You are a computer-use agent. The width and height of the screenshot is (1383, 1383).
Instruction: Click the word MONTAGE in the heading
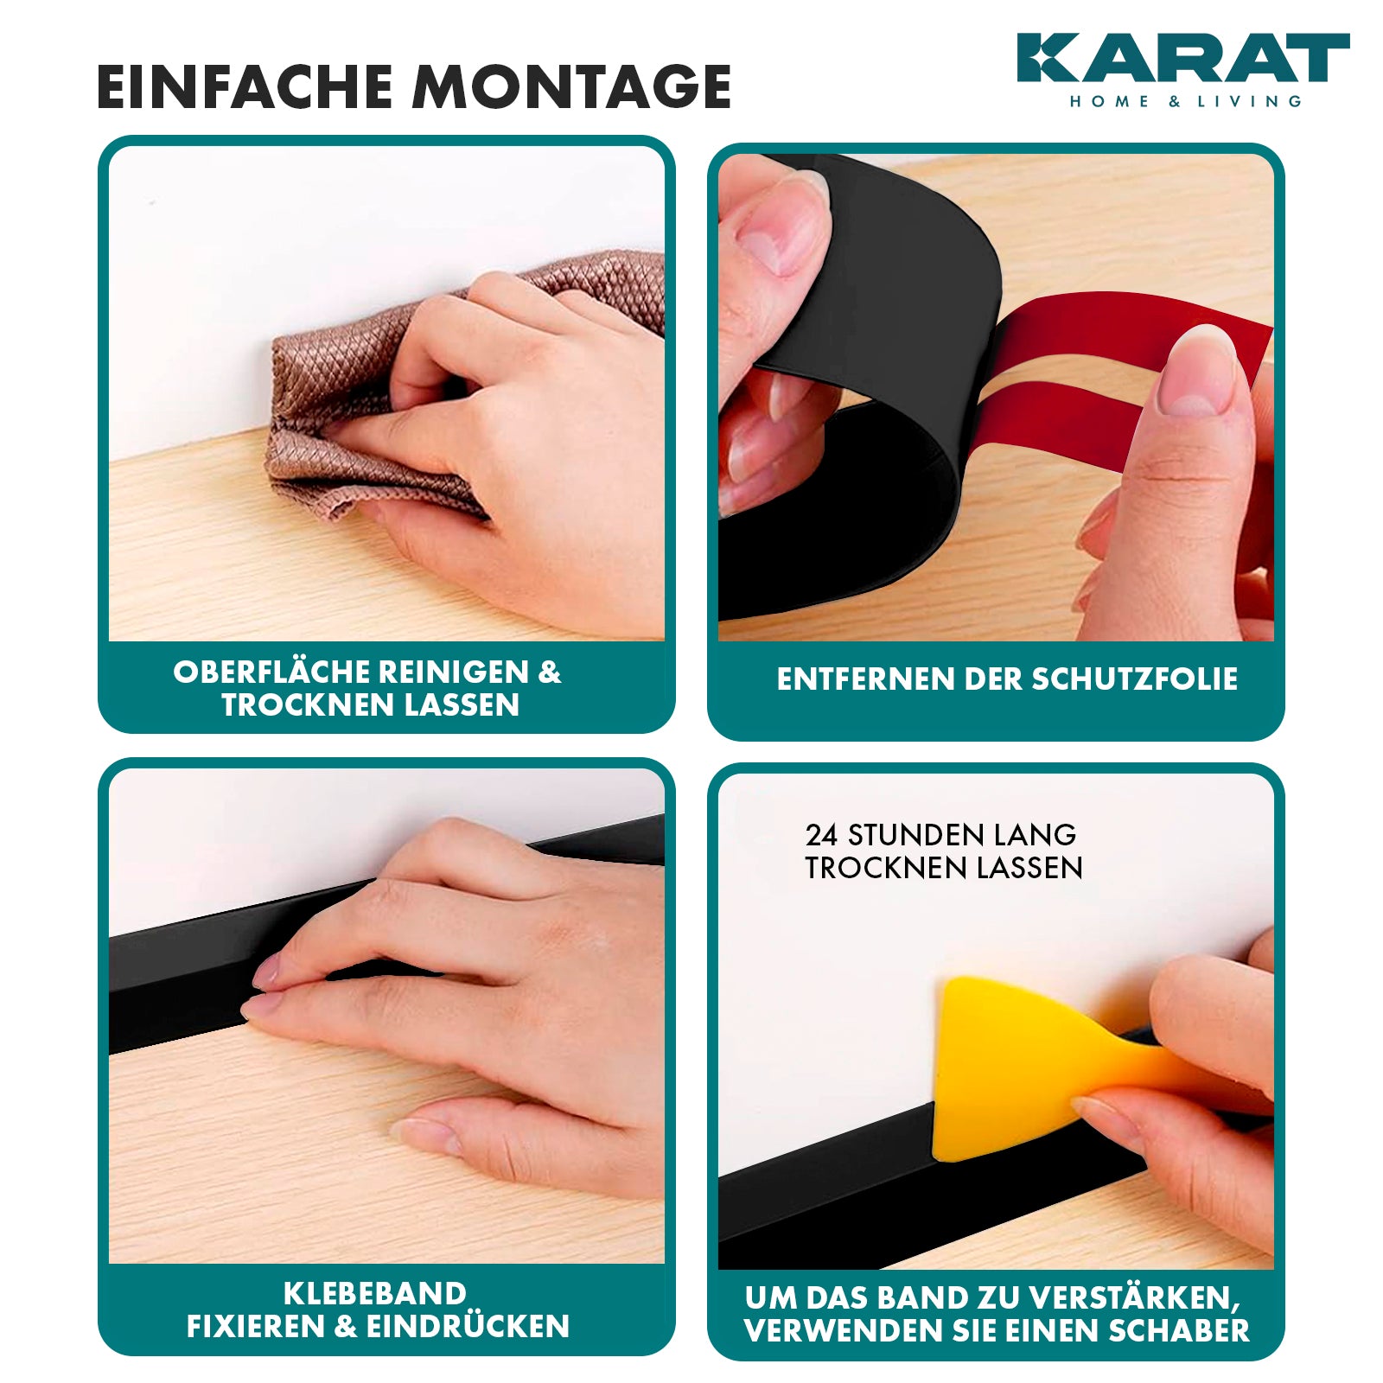tap(571, 86)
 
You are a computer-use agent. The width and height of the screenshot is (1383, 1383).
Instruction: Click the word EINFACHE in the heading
tap(243, 86)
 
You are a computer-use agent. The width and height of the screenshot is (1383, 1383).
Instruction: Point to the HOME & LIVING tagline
tap(1185, 101)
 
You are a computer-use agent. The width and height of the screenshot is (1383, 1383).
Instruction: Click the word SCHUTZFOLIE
tap(1135, 679)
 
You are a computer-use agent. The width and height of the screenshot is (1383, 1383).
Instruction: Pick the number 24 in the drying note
tap(821, 835)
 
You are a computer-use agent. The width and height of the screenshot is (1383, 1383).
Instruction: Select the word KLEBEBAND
tap(375, 1293)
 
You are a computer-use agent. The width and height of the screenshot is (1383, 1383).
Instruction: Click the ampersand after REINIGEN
tap(550, 672)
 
